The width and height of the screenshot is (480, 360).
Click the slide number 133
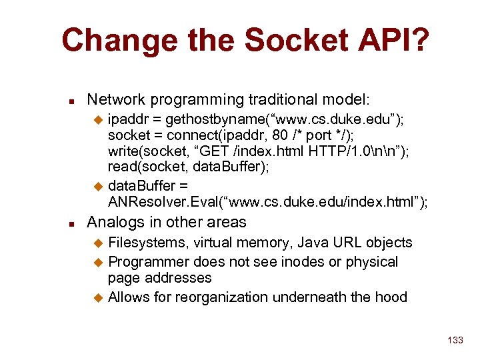pyautogui.click(x=455, y=340)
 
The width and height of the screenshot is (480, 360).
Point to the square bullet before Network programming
pyautogui.click(x=72, y=101)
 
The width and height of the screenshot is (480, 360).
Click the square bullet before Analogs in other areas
pyautogui.click(x=72, y=224)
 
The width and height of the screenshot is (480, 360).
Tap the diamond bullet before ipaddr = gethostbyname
pyautogui.click(x=99, y=120)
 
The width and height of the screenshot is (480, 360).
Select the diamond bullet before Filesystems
pyautogui.click(x=99, y=243)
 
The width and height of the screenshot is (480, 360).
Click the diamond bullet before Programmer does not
pyautogui.click(x=99, y=263)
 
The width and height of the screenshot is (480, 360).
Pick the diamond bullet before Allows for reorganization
pyautogui.click(x=99, y=298)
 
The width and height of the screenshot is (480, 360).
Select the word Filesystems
pyautogui.click(x=147, y=243)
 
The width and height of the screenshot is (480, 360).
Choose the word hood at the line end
pyautogui.click(x=391, y=297)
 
